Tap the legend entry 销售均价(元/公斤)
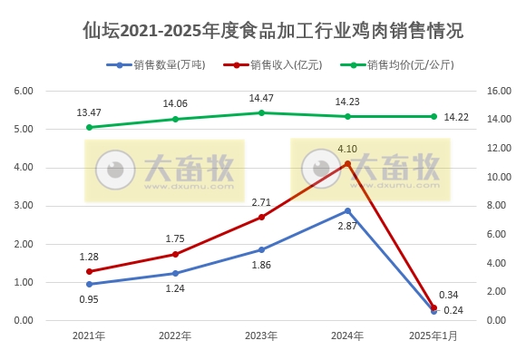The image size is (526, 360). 409,65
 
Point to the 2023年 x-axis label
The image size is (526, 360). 261,336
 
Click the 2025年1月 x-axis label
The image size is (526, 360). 433,336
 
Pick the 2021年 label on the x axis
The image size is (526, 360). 89,336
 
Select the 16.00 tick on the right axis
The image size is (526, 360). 499,91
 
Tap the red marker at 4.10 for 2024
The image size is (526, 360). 347,163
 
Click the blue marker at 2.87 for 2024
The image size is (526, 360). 347,210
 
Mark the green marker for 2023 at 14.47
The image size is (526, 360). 261,112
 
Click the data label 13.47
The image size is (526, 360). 89,112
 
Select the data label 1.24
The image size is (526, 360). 175,288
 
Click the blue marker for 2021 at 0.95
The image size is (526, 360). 89,284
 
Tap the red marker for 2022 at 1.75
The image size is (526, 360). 175,254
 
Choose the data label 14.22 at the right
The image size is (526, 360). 458,117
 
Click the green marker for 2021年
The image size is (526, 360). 89,127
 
